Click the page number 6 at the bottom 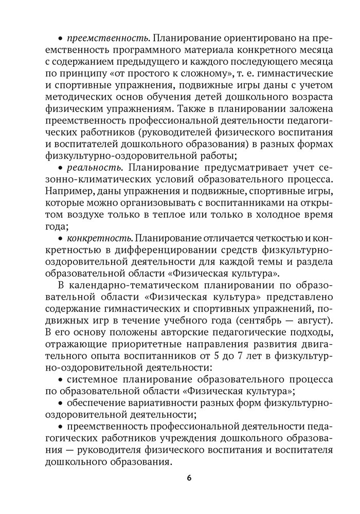click(189, 478)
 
